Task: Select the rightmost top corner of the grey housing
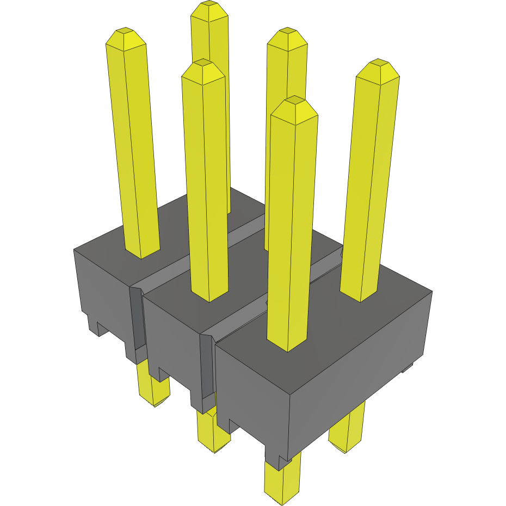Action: pos(432,292)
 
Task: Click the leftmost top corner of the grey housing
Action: pos(74,249)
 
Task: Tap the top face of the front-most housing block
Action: pos(326,321)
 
